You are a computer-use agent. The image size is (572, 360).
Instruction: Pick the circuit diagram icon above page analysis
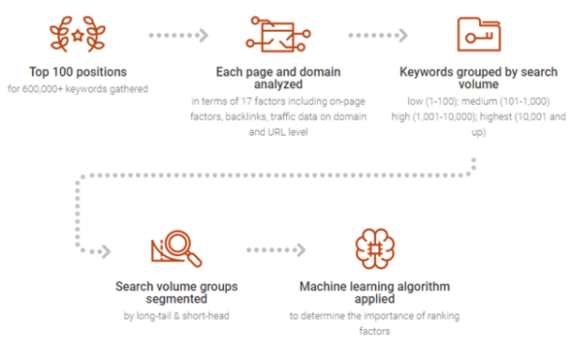coord(272,36)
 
